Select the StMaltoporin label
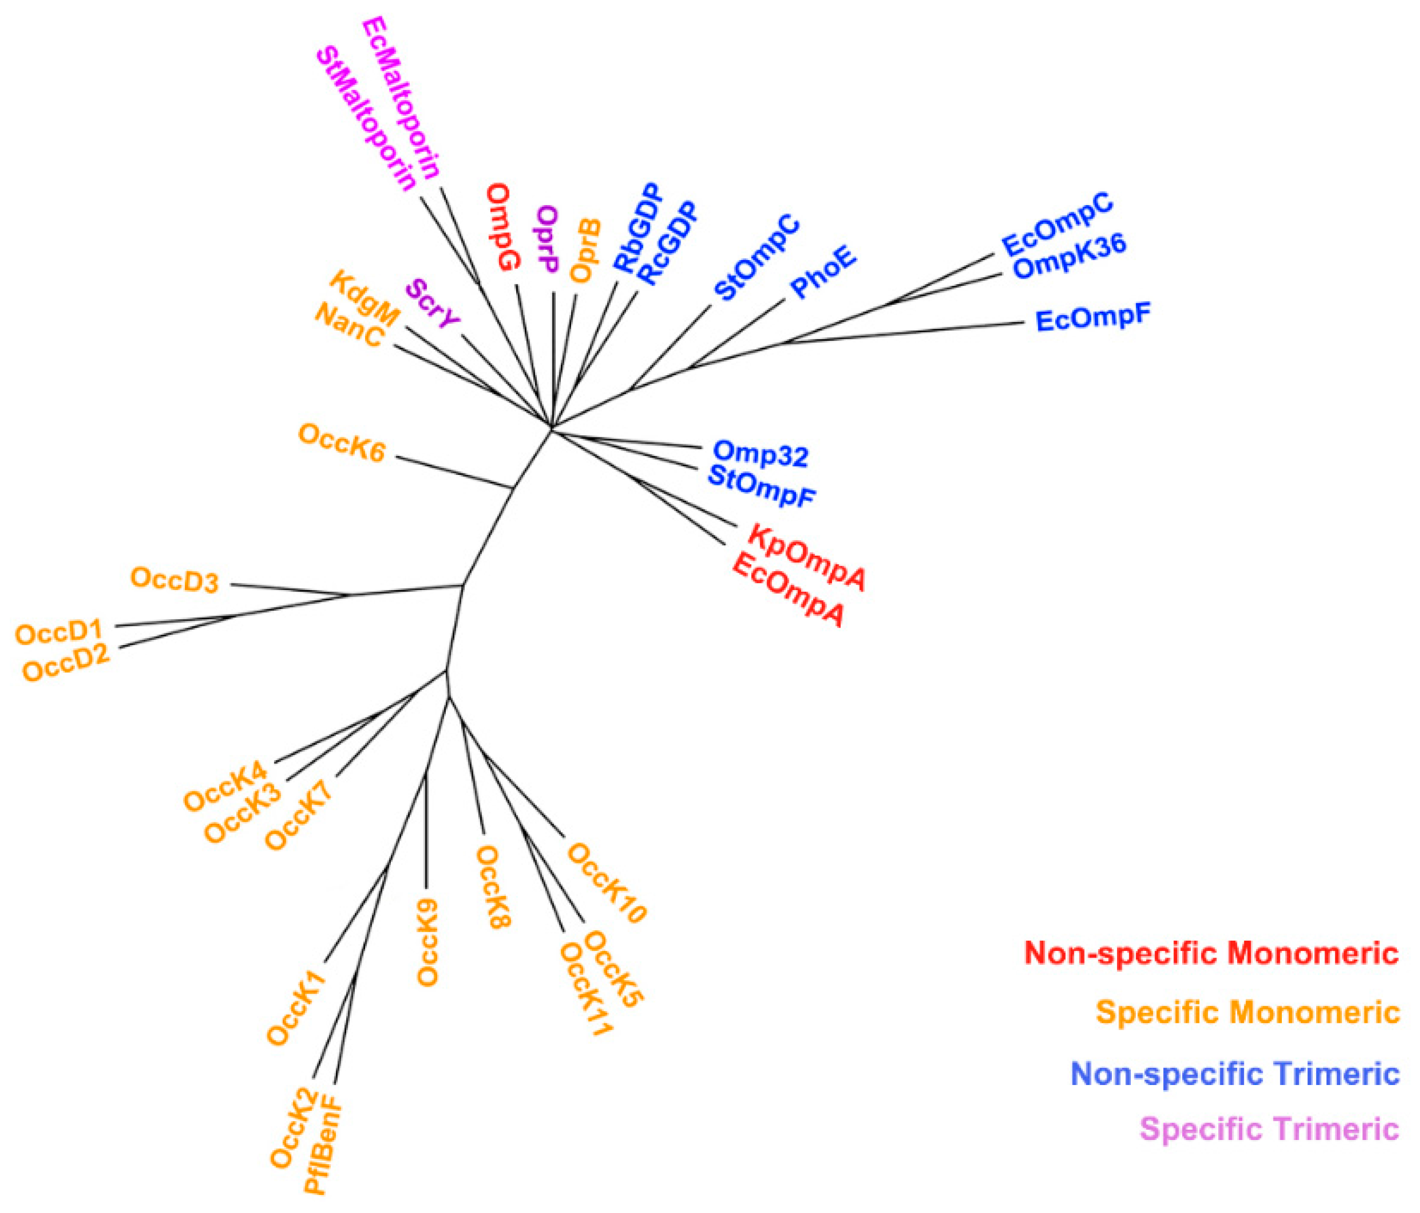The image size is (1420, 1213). coord(366,120)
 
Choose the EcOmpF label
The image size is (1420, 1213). coord(1092,318)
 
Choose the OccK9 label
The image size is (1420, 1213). coord(428,942)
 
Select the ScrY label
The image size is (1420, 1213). coord(432,304)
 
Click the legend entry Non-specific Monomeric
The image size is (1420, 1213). coord(1210,953)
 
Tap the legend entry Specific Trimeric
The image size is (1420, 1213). coord(1268,1129)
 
